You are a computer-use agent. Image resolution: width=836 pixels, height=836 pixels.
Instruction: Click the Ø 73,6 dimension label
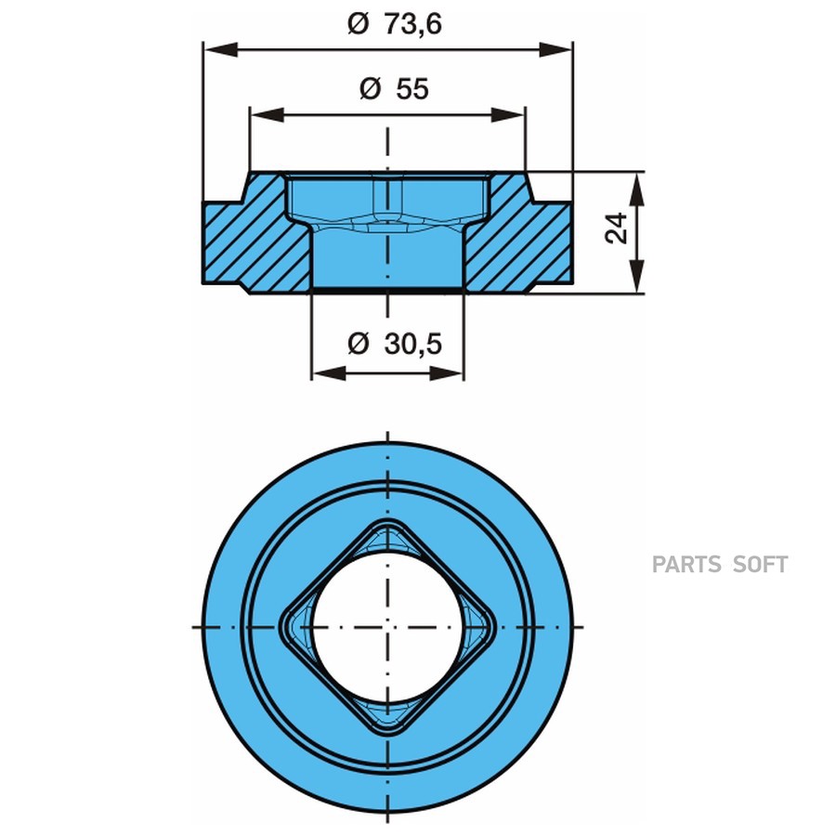[395, 24]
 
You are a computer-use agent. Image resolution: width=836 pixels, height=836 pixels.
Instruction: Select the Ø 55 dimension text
[394, 88]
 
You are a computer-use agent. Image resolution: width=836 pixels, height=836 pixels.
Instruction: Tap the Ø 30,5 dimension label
[395, 343]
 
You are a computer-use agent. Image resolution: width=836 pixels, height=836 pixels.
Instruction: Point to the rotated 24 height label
[617, 229]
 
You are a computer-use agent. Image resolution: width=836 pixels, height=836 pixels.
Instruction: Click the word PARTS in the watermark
[686, 565]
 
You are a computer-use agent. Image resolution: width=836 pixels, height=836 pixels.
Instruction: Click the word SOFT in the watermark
[761, 565]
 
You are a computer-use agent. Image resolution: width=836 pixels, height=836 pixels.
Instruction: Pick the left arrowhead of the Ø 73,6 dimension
[220, 50]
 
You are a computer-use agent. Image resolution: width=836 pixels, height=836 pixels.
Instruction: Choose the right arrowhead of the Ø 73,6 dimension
[555, 50]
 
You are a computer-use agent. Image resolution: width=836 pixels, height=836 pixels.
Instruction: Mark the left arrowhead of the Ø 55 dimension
[268, 114]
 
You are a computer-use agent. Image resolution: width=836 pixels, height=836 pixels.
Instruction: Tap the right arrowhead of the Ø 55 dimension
[508, 114]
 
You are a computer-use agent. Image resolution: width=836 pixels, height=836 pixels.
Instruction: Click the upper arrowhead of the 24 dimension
[636, 189]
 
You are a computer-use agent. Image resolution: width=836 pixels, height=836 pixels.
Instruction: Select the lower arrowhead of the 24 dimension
[636, 276]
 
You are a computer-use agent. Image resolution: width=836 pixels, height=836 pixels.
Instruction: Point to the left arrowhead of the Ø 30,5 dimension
[329, 372]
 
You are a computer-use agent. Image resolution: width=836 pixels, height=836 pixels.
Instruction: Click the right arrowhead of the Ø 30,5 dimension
[446, 372]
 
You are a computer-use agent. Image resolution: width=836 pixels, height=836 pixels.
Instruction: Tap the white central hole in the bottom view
[387, 627]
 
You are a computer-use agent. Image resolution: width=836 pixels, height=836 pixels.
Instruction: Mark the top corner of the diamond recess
[387, 518]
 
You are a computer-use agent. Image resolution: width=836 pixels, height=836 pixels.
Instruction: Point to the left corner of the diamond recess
[280, 627]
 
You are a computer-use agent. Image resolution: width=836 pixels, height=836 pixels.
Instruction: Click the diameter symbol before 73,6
[359, 24]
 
